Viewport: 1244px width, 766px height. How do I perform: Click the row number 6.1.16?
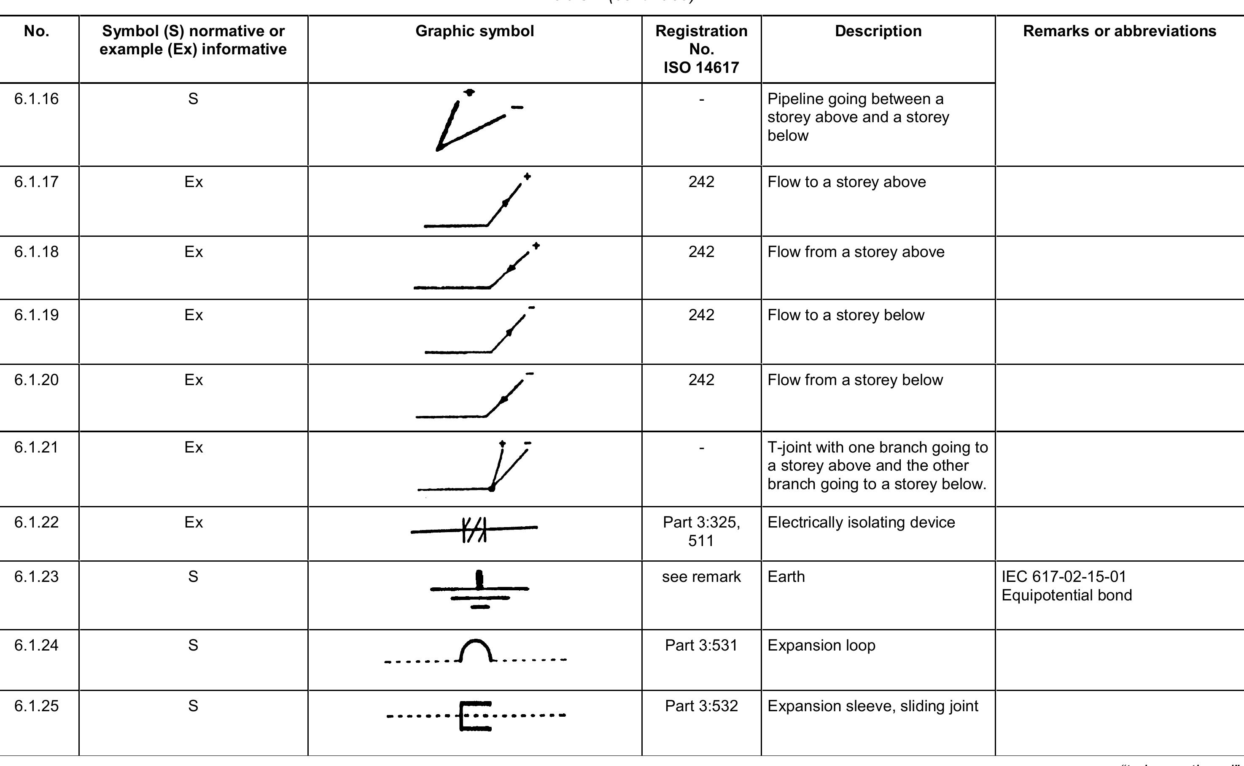37,99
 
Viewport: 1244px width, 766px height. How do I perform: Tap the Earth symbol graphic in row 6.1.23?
479,590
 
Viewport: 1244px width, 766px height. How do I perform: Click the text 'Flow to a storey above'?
847,182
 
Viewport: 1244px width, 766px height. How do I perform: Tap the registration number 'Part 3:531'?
701,645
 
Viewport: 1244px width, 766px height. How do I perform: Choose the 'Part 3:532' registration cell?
701,706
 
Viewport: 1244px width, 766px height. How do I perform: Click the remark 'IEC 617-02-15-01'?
1064,576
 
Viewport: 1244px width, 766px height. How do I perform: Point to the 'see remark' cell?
701,576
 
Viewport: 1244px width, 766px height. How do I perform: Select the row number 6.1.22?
37,522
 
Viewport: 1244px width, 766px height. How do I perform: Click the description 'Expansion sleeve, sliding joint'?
872,706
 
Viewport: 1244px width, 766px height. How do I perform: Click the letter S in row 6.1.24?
193,645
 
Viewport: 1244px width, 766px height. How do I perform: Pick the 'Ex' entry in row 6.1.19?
193,315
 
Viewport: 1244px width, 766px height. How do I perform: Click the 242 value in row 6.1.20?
701,380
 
